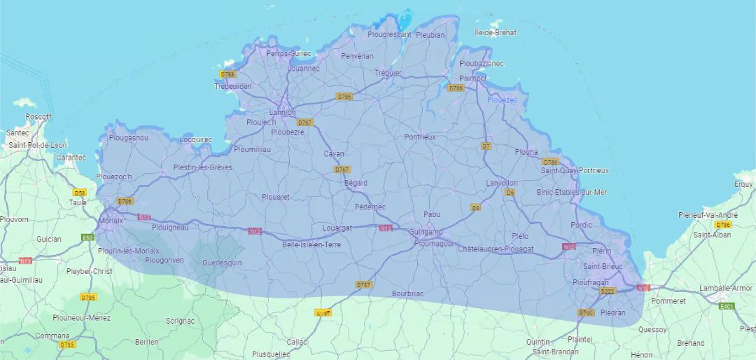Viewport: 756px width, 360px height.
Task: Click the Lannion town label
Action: click(283, 112)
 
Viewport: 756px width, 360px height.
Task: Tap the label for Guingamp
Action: click(426, 232)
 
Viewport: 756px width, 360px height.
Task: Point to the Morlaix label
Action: click(111, 220)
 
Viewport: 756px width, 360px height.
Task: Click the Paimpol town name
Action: click(472, 78)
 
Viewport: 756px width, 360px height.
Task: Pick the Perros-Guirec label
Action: click(288, 53)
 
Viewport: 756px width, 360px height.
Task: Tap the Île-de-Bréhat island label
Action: click(496, 32)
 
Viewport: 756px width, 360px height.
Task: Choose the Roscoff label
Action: click(38, 116)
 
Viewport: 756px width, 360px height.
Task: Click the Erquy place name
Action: click(743, 184)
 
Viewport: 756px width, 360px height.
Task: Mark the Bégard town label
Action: click(356, 183)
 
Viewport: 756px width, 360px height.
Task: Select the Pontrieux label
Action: click(419, 137)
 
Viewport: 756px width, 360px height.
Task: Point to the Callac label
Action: click(297, 342)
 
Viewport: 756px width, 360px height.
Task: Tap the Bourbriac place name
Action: click(409, 293)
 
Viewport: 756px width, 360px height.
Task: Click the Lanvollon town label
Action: click(502, 183)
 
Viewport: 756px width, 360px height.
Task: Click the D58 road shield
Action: click(79, 193)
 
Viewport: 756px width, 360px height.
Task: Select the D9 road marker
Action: click(476, 207)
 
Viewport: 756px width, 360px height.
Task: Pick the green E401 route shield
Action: click(727, 306)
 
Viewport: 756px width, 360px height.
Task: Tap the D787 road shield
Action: click(363, 284)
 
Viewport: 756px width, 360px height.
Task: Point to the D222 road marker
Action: click(606, 291)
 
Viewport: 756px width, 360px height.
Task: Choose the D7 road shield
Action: click(486, 146)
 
